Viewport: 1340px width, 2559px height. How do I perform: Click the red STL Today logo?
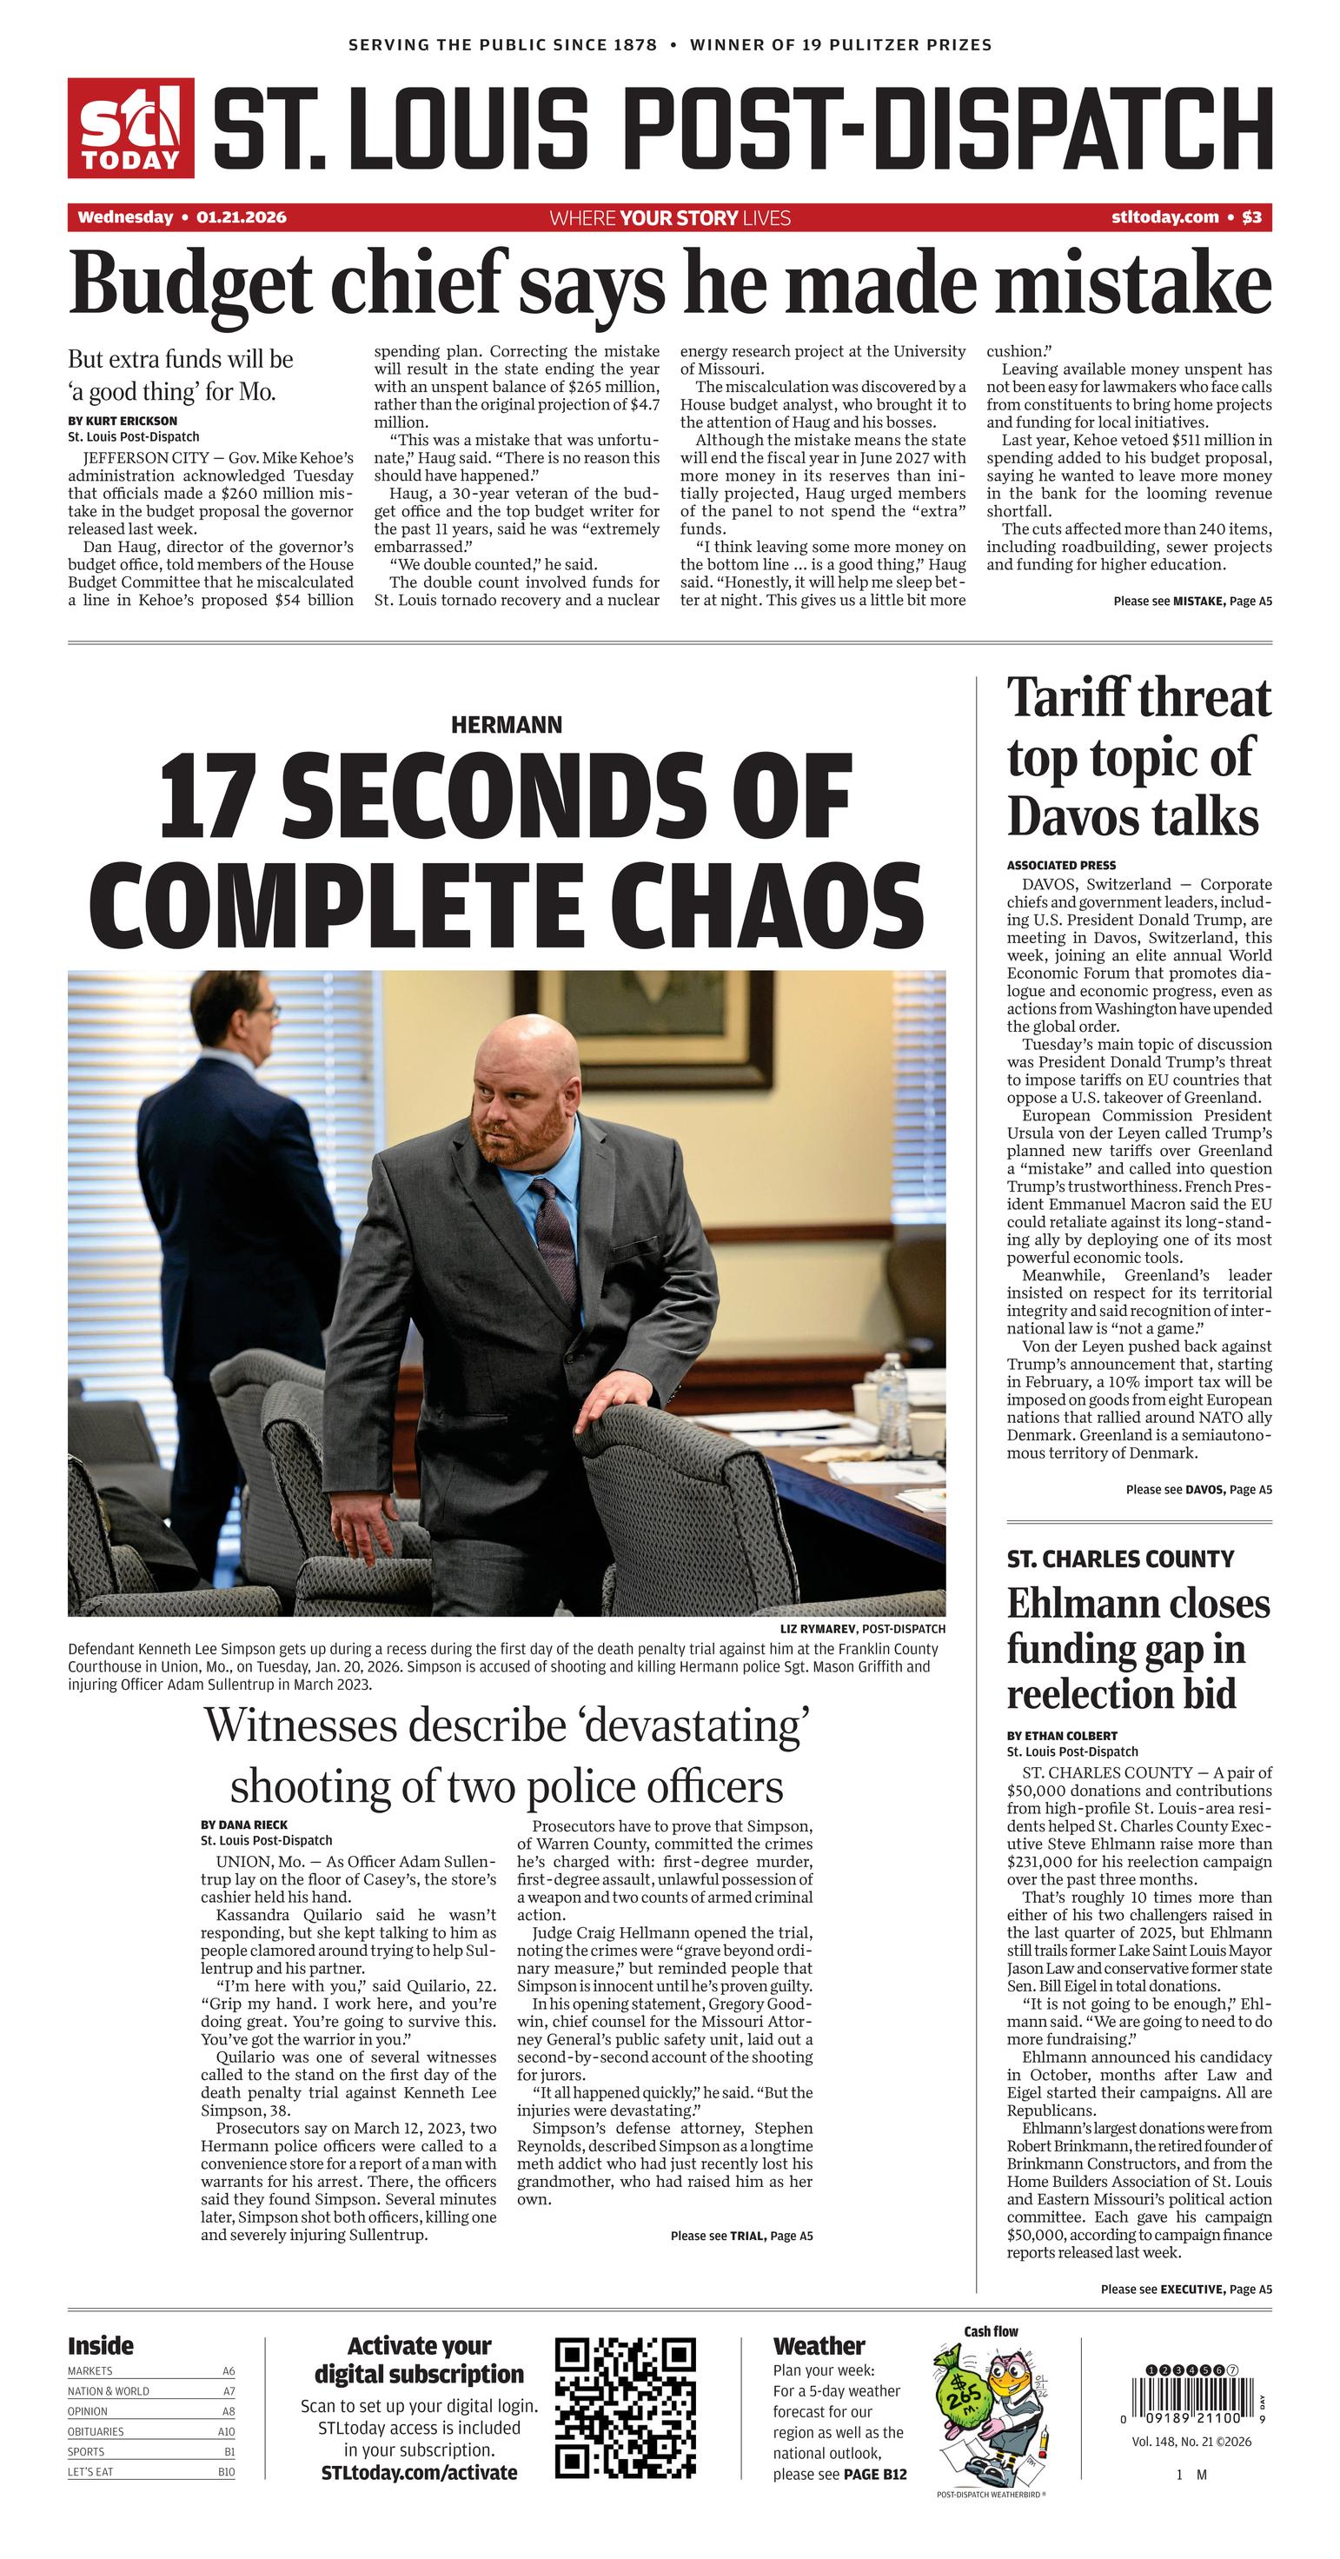click(x=130, y=128)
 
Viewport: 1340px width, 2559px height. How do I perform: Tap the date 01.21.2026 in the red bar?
click(x=241, y=217)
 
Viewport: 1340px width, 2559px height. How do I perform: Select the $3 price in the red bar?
click(x=1251, y=217)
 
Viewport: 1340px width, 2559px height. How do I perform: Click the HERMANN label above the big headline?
click(x=506, y=725)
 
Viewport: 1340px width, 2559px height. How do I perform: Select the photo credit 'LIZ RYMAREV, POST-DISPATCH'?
click(x=862, y=1629)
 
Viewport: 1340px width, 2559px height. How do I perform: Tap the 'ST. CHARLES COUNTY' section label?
click(x=1119, y=1559)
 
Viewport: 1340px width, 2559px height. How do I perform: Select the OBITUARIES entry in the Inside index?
click(x=96, y=2432)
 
